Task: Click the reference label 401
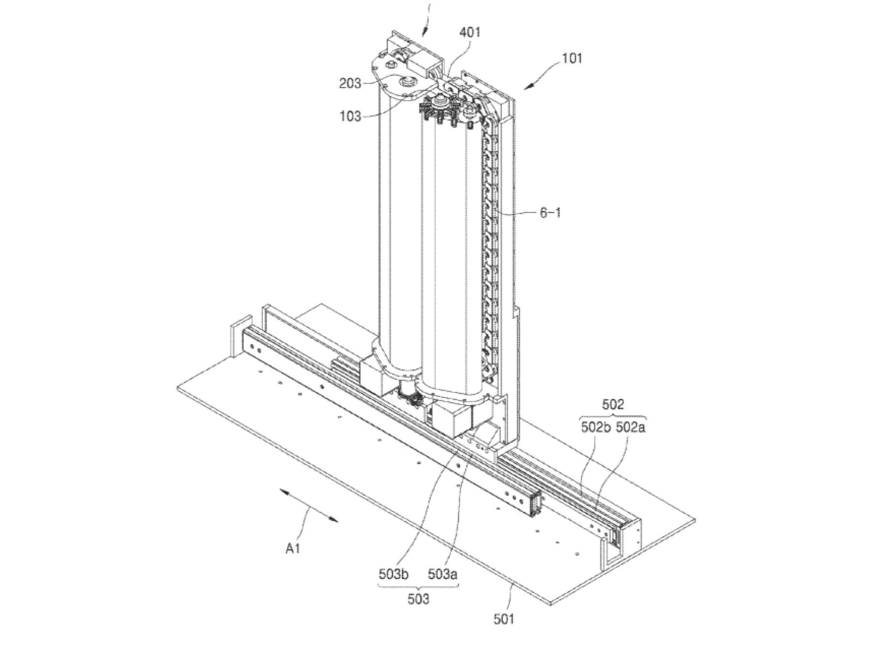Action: point(469,33)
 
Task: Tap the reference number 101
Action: point(572,59)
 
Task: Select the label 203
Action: point(350,83)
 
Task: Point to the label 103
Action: point(350,116)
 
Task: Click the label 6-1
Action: point(550,212)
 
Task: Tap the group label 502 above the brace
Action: point(612,404)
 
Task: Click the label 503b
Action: point(394,575)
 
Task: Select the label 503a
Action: point(443,575)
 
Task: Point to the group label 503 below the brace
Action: point(418,599)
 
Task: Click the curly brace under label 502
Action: point(612,417)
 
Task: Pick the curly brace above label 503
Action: point(418,587)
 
